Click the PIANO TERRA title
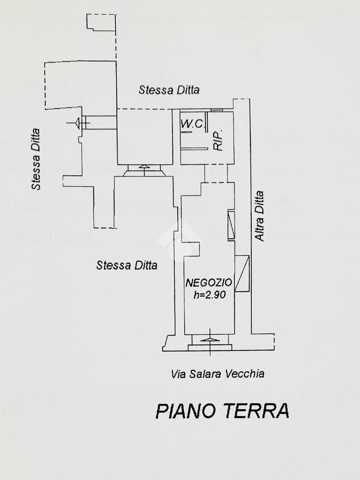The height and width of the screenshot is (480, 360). (223, 411)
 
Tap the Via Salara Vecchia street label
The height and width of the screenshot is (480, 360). (217, 374)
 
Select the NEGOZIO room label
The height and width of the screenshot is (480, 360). (209, 283)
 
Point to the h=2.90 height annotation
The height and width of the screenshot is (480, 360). (210, 294)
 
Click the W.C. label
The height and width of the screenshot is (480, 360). (192, 124)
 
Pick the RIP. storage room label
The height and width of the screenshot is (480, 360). (217, 140)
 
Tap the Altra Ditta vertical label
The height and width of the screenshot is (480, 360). (259, 216)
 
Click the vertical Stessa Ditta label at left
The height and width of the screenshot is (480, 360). (36, 159)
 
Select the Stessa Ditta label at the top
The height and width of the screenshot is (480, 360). (169, 90)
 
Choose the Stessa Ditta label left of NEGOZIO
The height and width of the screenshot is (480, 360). (127, 265)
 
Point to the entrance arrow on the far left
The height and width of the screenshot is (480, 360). (78, 123)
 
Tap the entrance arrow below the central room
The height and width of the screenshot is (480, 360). (144, 169)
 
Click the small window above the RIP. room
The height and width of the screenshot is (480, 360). (217, 110)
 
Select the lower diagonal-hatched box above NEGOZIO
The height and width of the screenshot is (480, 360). (242, 273)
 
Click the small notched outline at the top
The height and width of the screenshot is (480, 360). (101, 22)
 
